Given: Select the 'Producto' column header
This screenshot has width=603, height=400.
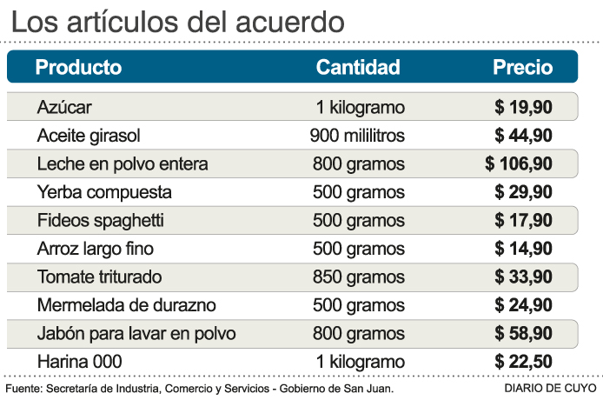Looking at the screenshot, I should click(x=78, y=67).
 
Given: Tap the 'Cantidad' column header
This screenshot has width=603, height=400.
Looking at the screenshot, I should click(x=357, y=67).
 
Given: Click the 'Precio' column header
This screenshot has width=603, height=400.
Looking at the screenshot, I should click(x=522, y=67).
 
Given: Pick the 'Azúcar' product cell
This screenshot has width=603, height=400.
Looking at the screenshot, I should click(x=64, y=108).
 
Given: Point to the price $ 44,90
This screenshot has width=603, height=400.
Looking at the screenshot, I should click(x=523, y=136).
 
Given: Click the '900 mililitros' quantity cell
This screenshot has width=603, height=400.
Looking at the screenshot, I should click(x=357, y=136).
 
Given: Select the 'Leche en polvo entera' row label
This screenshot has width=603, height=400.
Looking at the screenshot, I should click(x=123, y=163).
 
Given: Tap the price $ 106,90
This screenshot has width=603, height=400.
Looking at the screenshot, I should click(x=519, y=163).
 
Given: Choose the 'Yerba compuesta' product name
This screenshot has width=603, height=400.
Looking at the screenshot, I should click(x=104, y=191).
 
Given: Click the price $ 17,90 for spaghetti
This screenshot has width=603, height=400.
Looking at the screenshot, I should click(x=523, y=220).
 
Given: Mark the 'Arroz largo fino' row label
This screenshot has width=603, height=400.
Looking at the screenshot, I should click(x=96, y=249).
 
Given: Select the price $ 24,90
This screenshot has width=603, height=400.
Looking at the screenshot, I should click(x=523, y=305).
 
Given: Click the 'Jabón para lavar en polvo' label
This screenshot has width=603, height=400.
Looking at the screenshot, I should click(x=136, y=333).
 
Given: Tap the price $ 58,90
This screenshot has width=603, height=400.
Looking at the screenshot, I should click(x=523, y=333).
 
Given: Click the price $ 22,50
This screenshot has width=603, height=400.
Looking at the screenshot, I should click(x=523, y=361).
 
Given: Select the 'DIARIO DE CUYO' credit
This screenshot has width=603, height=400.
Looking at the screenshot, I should click(x=549, y=388).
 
